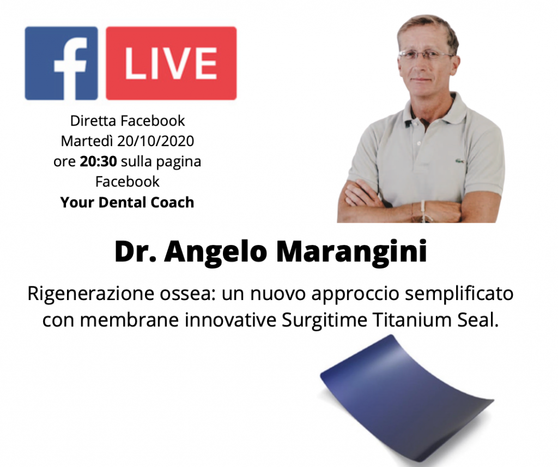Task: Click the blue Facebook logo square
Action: [x=62, y=63]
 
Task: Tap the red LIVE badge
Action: [x=171, y=63]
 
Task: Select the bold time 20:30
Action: [x=98, y=161]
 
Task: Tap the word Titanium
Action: [x=409, y=320]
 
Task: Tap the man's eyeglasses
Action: [x=425, y=55]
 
